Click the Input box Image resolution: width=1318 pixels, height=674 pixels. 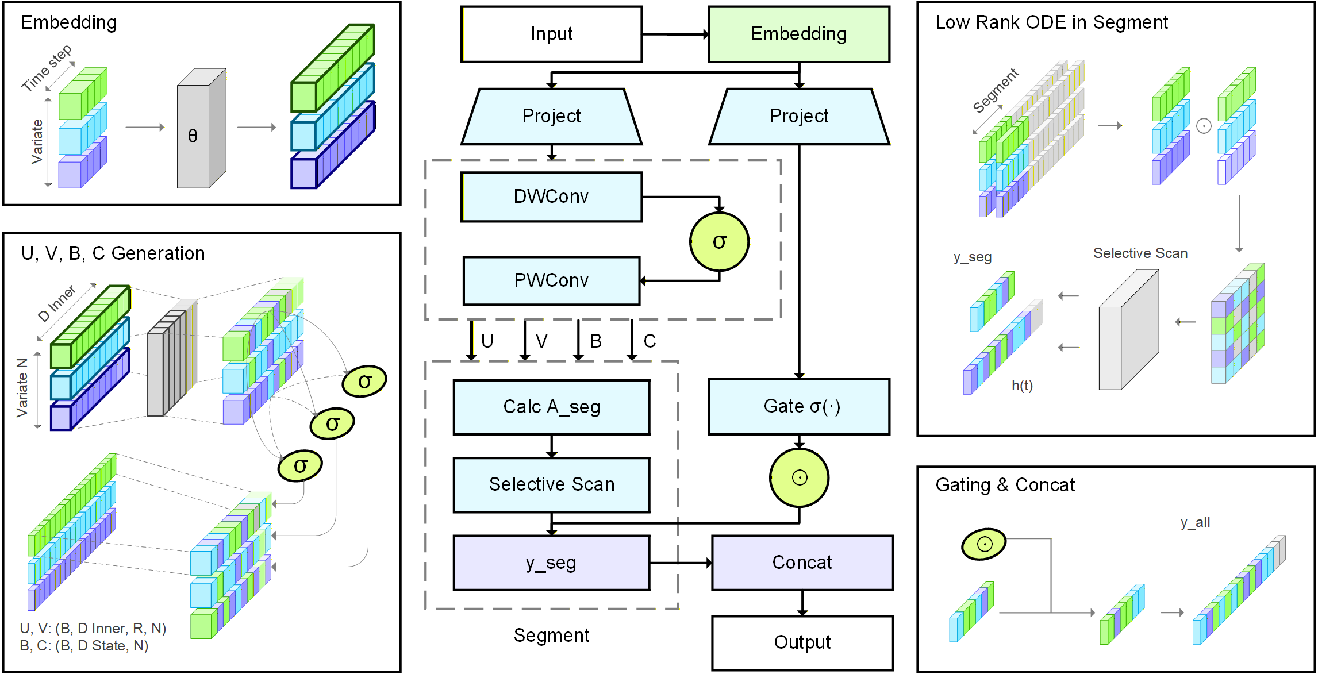pos(551,34)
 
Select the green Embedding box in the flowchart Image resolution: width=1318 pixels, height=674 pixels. pos(798,34)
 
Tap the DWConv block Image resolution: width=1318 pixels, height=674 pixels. pos(551,197)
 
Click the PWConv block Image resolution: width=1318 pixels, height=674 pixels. pos(551,280)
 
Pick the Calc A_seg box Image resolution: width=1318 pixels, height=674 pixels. pos(551,407)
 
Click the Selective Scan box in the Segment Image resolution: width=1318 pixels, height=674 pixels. pos(551,484)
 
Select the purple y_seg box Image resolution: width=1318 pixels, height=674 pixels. pos(551,563)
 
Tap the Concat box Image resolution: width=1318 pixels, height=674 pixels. pos(802,563)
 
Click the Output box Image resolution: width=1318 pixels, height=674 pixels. pos(802,642)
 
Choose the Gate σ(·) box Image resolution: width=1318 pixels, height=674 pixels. pos(799,406)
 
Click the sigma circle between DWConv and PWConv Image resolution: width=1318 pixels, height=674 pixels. pos(719,242)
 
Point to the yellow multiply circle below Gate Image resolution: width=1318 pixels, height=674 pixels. pos(799,477)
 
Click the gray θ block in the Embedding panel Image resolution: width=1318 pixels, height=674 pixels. pos(193,136)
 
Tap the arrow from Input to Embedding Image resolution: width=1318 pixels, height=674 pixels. pos(675,34)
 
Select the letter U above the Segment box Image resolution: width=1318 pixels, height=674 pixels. pos(487,341)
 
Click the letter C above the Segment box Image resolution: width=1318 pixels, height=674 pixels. pos(650,341)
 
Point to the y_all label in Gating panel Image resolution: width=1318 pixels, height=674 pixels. pos(1195,522)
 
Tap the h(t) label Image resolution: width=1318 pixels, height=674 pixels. pos(1022,385)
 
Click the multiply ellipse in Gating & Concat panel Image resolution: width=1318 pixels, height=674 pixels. pos(983,544)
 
